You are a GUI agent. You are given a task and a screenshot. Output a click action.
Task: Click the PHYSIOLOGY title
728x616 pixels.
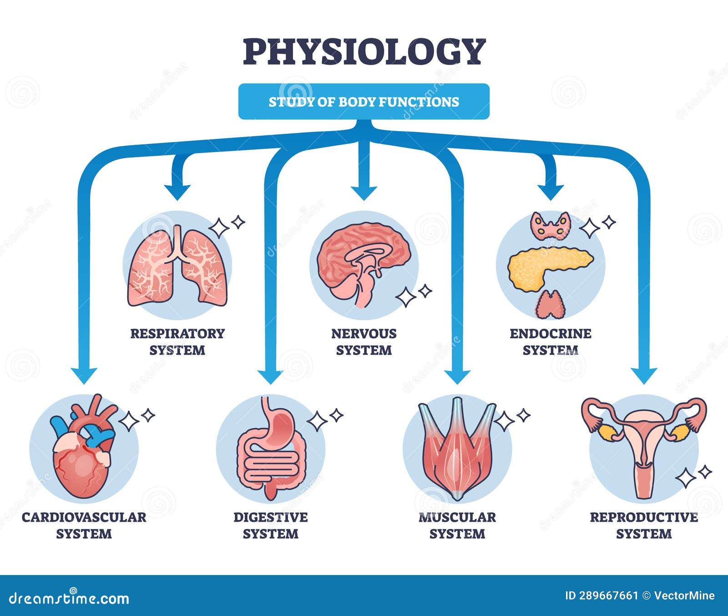pyautogui.click(x=364, y=51)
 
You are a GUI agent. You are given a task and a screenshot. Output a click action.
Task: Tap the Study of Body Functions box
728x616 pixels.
pyautogui.click(x=364, y=102)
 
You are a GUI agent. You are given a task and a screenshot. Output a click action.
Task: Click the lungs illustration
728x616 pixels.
pyautogui.click(x=177, y=267)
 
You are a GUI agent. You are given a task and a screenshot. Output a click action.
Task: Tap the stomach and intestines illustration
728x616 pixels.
pyautogui.click(x=271, y=451)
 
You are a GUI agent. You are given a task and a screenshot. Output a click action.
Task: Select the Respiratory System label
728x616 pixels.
pyautogui.click(x=177, y=341)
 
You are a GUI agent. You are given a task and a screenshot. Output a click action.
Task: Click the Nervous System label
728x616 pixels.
pyautogui.click(x=364, y=341)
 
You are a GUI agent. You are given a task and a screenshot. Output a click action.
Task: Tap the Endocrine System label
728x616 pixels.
pyautogui.click(x=550, y=341)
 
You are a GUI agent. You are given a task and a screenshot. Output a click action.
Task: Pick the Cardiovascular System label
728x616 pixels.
pyautogui.click(x=84, y=525)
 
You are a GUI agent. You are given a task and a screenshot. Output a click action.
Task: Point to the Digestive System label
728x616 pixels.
pyautogui.click(x=271, y=525)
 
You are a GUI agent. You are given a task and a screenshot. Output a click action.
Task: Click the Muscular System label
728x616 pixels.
pyautogui.click(x=457, y=525)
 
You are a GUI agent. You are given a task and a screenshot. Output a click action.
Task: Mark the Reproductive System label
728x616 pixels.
pyautogui.click(x=643, y=525)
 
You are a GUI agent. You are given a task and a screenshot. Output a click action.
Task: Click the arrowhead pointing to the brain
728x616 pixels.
pyautogui.click(x=364, y=193)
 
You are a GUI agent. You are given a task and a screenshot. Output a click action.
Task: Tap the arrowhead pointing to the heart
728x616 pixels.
pyautogui.click(x=84, y=375)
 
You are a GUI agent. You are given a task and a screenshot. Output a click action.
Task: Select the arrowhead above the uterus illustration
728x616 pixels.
pyautogui.click(x=644, y=375)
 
